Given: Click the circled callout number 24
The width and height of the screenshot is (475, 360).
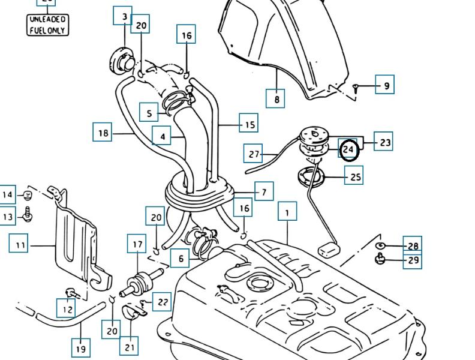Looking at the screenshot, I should pyautogui.click(x=349, y=149).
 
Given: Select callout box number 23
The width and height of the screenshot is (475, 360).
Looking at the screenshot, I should pyautogui.click(x=384, y=142).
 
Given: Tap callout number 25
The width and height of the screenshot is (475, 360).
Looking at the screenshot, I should pyautogui.click(x=355, y=176).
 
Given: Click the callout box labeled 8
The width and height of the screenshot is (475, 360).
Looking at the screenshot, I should pyautogui.click(x=276, y=98).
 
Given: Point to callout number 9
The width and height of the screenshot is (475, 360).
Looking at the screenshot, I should pyautogui.click(x=386, y=85).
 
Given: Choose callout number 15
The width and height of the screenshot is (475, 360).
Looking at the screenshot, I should pyautogui.click(x=248, y=124).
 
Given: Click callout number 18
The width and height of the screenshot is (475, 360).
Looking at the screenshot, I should pyautogui.click(x=103, y=132).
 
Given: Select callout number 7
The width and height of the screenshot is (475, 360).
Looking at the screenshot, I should pyautogui.click(x=263, y=192).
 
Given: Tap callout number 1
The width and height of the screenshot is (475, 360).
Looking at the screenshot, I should pyautogui.click(x=287, y=212).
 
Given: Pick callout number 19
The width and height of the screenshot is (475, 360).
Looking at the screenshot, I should pyautogui.click(x=81, y=348).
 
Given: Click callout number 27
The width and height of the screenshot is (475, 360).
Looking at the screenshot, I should pyautogui.click(x=254, y=154).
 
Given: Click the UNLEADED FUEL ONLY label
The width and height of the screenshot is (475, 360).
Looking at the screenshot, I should pyautogui.click(x=48, y=25).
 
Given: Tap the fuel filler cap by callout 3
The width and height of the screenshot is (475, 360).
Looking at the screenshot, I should pyautogui.click(x=122, y=60).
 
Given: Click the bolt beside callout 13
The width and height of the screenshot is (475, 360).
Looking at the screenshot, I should pyautogui.click(x=27, y=213).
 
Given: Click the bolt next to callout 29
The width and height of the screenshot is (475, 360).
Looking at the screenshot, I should pyautogui.click(x=379, y=259).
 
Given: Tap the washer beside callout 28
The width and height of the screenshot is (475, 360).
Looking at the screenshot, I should pyautogui.click(x=379, y=245).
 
